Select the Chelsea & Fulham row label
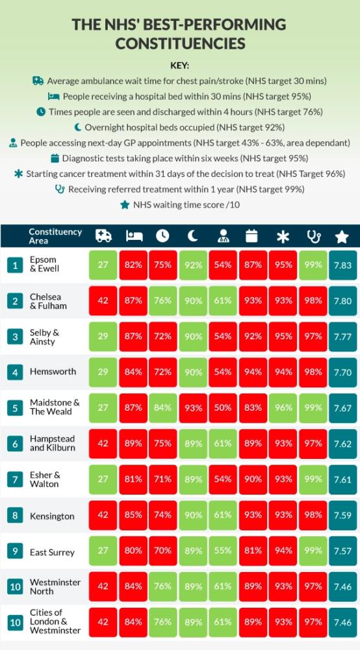point(45,302)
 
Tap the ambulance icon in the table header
point(103,236)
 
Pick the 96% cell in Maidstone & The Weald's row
point(283,408)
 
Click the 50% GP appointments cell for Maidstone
point(224,408)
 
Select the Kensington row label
point(52,517)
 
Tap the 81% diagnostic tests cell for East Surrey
point(253,552)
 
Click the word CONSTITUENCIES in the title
point(180,44)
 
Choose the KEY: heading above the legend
point(180,66)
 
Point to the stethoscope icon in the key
point(60,189)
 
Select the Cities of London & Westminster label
point(55,621)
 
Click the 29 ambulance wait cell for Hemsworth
point(103,372)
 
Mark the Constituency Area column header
point(55,236)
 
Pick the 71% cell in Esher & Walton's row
point(163,480)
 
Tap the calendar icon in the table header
point(252,236)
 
